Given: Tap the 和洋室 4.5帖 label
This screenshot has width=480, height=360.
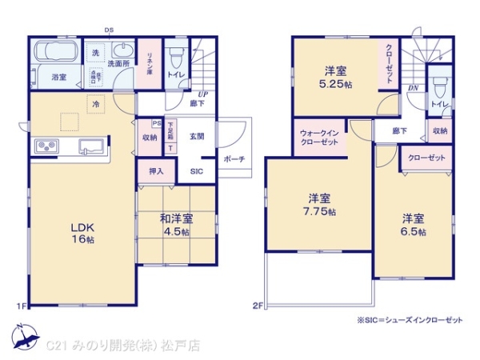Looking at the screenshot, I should [x=175, y=225].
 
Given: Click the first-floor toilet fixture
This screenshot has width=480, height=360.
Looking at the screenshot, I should [x=176, y=57].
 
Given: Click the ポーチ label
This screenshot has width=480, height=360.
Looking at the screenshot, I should [x=234, y=158].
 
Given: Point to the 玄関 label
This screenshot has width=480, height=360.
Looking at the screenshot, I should [x=197, y=136].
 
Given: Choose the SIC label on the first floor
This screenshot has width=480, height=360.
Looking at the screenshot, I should [x=196, y=172].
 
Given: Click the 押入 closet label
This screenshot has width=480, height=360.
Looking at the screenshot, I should [x=156, y=171].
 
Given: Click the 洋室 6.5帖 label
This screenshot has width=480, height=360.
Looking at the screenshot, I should [x=413, y=224].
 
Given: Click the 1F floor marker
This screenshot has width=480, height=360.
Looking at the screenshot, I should [x=22, y=306].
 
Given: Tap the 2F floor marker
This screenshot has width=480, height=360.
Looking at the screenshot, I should [x=258, y=306].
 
